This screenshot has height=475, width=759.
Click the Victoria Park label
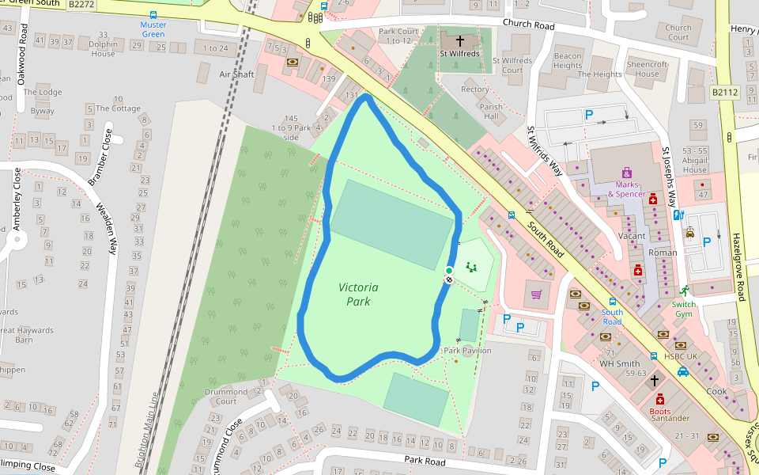click(x=358, y=294)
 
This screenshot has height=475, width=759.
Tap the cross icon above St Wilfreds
click(x=460, y=40)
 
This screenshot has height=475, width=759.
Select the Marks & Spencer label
click(x=626, y=189)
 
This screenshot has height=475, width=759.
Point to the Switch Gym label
click(x=684, y=309)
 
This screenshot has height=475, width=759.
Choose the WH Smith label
click(x=619, y=363)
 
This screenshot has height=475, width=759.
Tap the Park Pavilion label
click(x=467, y=351)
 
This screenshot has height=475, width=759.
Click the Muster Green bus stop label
click(x=153, y=29)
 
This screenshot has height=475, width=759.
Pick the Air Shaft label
click(x=236, y=74)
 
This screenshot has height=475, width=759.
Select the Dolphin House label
click(x=103, y=49)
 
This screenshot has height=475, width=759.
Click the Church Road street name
click(x=528, y=25)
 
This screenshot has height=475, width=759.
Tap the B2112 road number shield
click(x=723, y=93)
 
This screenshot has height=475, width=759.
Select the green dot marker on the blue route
click(x=449, y=271)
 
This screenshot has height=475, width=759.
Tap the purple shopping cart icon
click(x=537, y=294)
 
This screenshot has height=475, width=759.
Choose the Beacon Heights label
click(x=567, y=61)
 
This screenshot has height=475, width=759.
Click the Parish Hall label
click(x=490, y=112)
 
